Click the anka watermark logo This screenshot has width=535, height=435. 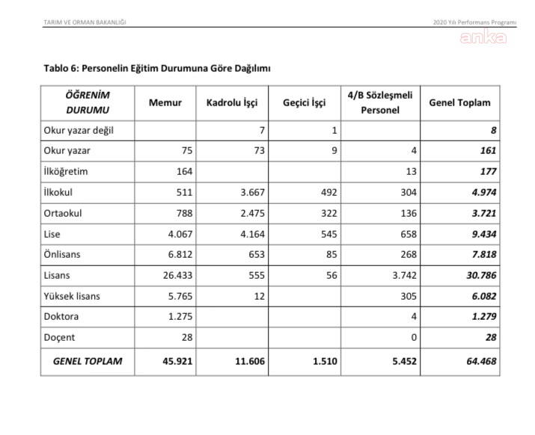point(483,37)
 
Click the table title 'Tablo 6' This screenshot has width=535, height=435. point(157,68)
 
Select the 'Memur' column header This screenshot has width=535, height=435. point(165,102)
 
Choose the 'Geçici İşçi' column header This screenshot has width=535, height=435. point(305,102)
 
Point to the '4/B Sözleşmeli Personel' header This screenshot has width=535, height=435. point(379,102)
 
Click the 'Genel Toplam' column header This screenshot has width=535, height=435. point(459,102)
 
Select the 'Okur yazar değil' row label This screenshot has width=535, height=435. point(79,130)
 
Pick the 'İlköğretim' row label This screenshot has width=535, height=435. point(66,171)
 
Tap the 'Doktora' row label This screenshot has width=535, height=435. point(61,317)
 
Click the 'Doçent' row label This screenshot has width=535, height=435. point(60,337)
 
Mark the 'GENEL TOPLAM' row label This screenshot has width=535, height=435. point(88,361)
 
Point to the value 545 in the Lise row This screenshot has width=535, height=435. point(328,234)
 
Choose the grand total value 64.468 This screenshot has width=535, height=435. point(480,361)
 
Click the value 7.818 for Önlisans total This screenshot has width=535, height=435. point(483,254)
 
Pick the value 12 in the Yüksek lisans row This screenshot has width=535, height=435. point(258,296)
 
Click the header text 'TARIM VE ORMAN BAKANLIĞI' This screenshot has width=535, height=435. point(85,22)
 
